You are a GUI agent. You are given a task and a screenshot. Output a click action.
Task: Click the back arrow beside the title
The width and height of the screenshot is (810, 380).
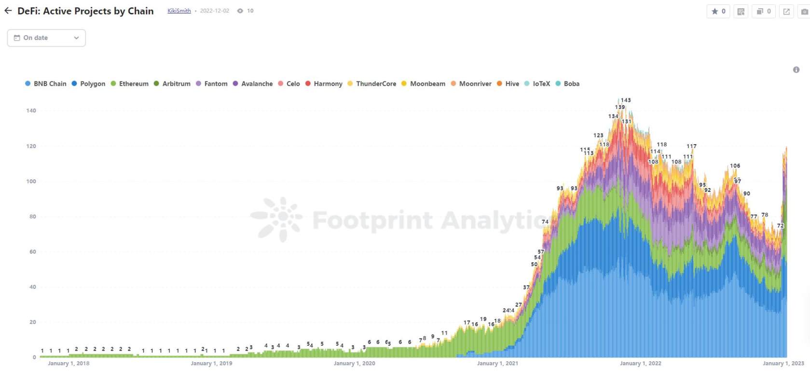pos(8,11)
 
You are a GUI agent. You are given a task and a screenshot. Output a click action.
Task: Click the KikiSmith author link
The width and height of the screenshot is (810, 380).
pos(179,11)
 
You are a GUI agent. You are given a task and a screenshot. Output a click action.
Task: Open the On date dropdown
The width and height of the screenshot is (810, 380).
pos(46,38)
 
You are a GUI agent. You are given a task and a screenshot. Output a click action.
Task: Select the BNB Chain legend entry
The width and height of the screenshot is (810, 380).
pos(46,84)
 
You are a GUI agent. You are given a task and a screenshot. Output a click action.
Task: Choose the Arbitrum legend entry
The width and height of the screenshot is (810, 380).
pos(172,84)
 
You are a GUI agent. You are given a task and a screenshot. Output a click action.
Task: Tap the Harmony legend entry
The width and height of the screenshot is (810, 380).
pos(324,84)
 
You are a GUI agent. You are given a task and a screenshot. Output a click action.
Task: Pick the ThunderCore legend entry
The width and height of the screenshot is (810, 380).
pos(372,84)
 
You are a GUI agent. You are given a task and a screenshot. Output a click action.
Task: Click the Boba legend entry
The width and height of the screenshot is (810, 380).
pos(567,84)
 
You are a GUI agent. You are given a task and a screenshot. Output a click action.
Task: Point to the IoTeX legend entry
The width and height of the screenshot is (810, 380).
pos(537,84)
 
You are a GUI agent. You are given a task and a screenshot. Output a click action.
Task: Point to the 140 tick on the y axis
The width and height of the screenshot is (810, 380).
pos(31,111)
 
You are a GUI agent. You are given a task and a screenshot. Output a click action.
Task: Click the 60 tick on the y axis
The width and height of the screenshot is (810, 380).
pos(32,252)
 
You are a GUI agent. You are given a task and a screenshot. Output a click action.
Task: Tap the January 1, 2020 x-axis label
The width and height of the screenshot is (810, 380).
pos(354,364)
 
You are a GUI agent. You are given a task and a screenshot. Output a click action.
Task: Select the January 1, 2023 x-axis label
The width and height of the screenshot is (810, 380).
pos(783,364)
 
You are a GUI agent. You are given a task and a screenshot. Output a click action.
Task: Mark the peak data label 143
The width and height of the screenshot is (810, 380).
pos(626,100)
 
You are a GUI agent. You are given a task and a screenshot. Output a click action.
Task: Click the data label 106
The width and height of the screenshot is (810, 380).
pos(735,166)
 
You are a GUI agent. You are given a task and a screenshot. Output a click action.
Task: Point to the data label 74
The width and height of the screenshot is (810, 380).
pos(545,222)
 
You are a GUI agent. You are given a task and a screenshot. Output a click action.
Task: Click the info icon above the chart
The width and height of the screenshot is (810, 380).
pos(796,70)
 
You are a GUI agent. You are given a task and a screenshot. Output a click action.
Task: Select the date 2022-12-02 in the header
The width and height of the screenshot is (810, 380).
pos(215,11)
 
